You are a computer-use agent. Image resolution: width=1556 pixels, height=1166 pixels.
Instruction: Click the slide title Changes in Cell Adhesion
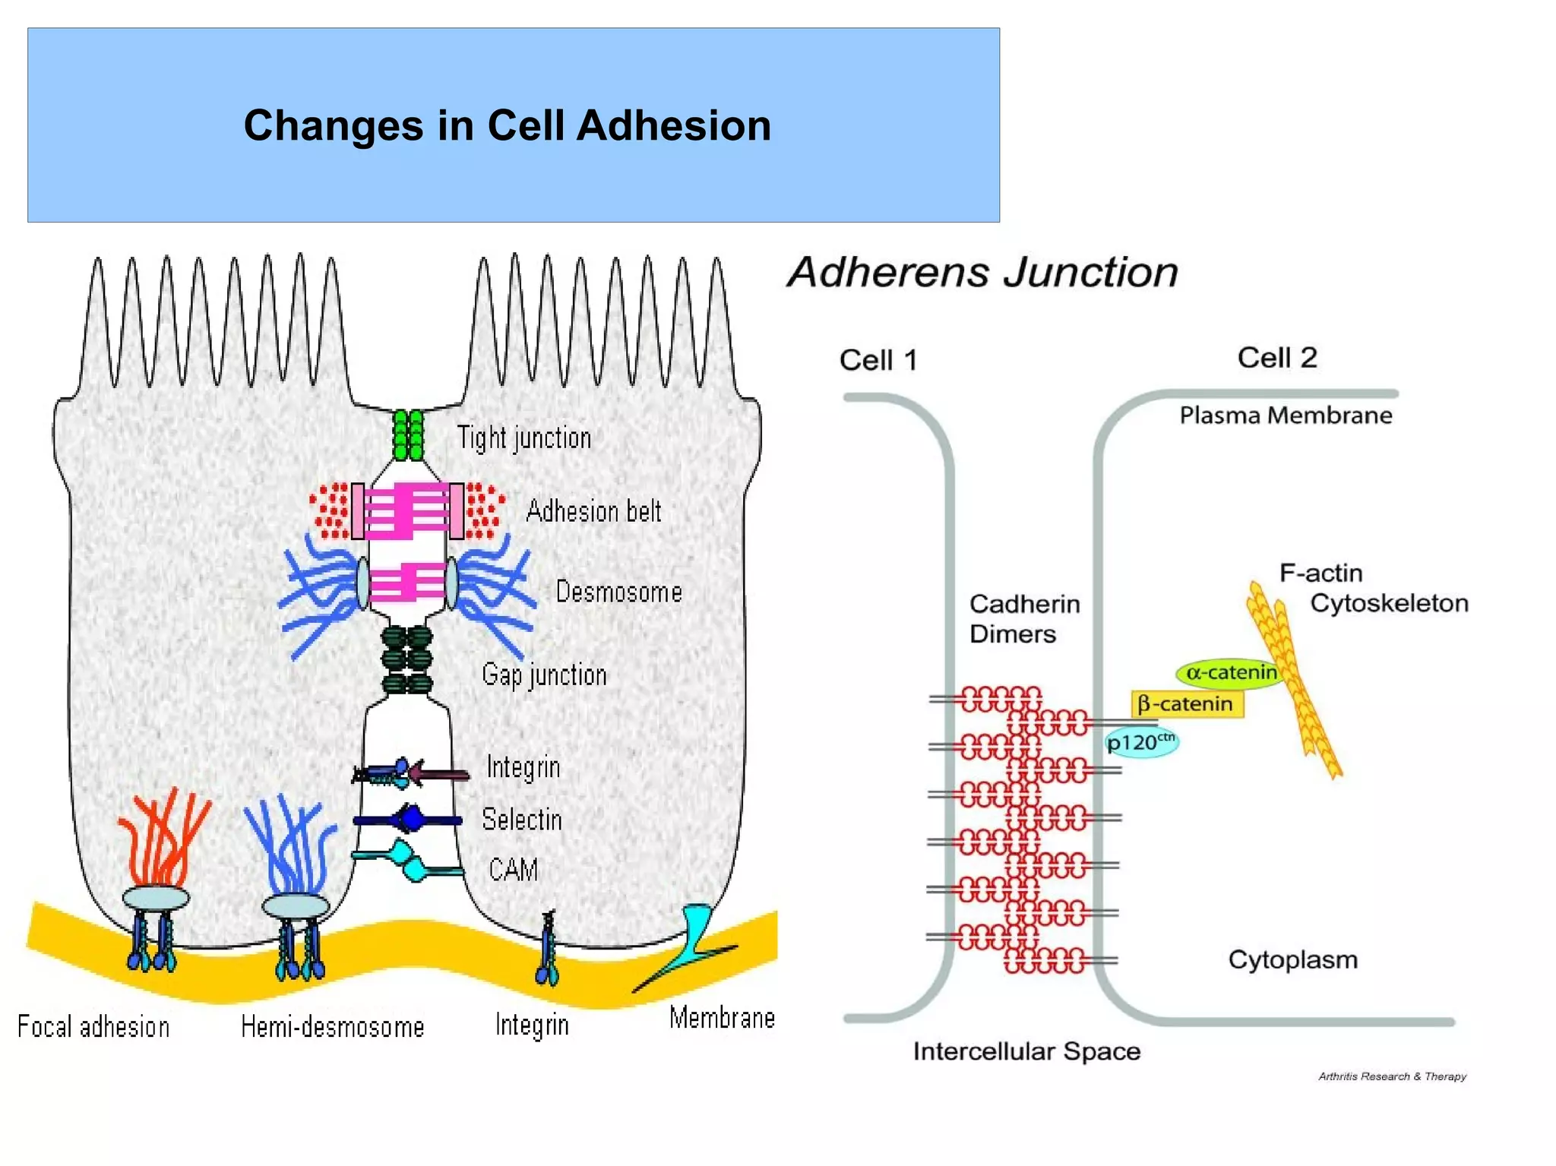click(507, 125)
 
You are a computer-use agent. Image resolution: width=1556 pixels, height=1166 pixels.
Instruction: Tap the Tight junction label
click(523, 438)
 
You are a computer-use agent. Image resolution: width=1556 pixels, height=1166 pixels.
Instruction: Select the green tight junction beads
click(408, 434)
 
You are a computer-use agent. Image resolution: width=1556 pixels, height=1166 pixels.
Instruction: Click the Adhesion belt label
click(593, 511)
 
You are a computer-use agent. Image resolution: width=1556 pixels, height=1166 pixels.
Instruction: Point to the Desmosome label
click(618, 592)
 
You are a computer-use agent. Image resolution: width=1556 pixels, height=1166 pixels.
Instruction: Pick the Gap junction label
click(544, 675)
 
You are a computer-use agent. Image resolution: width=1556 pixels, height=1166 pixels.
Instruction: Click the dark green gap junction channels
click(407, 659)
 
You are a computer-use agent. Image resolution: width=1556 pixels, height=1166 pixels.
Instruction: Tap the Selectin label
click(522, 820)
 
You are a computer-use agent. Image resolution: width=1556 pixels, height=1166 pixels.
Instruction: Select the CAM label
click(514, 870)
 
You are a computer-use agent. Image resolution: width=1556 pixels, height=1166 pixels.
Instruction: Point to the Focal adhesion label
click(93, 1027)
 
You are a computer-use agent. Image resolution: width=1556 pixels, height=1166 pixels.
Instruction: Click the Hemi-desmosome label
click(332, 1027)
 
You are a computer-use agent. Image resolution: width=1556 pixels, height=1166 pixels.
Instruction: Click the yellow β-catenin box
click(1186, 704)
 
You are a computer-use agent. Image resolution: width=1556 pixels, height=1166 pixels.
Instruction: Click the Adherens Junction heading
click(982, 272)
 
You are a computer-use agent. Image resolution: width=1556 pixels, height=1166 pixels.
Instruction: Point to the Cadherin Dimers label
click(1023, 618)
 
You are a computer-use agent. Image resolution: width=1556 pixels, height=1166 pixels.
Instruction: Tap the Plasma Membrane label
click(1286, 416)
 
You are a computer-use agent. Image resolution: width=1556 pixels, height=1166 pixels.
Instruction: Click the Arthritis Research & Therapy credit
click(1392, 1076)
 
